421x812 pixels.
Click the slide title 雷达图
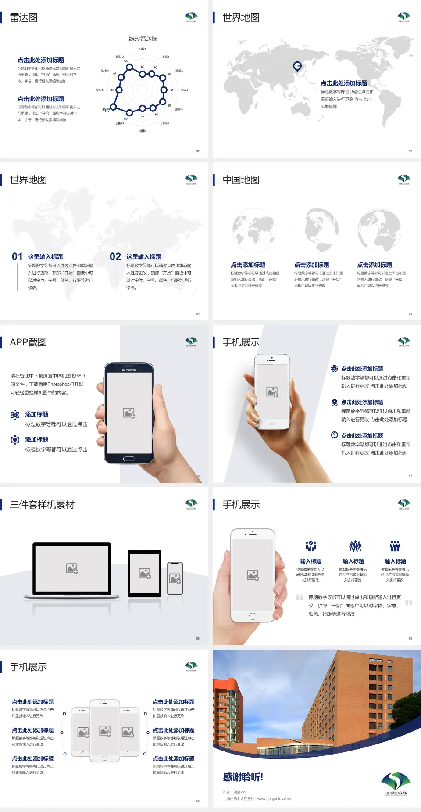coord(24,18)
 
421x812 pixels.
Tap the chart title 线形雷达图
coord(143,39)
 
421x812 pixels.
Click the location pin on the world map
coord(297,66)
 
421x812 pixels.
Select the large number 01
coord(17,256)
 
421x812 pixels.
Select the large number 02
coord(115,256)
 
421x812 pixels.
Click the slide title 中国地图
coord(241,180)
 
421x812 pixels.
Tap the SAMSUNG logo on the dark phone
coord(129,370)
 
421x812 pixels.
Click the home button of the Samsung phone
coord(128,459)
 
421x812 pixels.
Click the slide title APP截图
coord(28,342)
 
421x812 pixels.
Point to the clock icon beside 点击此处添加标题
coord(334,435)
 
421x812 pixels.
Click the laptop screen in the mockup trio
coord(72,568)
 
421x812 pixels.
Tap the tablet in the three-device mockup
coord(145,573)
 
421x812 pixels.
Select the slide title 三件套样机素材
coord(42,505)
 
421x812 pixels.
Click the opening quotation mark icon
coord(300,597)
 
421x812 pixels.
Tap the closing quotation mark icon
coord(409,603)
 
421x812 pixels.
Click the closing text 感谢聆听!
coord(243,777)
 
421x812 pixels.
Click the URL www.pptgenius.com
coord(274,799)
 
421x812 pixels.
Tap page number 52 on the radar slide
coord(198,151)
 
